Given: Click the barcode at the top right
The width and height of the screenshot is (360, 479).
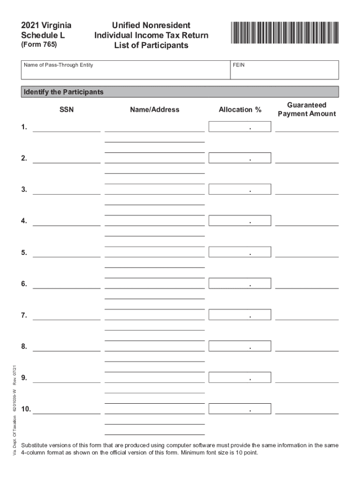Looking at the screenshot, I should pyautogui.click(x=284, y=33).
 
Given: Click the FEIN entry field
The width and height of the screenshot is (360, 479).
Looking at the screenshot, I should pyautogui.click(x=284, y=73).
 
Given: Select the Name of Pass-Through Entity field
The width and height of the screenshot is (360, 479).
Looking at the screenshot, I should pyautogui.click(x=125, y=73).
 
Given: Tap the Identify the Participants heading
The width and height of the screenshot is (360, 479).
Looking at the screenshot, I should pyautogui.click(x=64, y=92).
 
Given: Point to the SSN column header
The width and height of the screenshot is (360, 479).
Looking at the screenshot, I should pyautogui.click(x=66, y=109).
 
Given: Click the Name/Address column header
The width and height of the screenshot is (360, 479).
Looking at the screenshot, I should pyautogui.click(x=155, y=109).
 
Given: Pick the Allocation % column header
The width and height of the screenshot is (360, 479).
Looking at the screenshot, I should pyautogui.click(x=240, y=109).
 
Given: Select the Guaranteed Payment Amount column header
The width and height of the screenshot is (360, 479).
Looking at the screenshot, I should pyautogui.click(x=307, y=109).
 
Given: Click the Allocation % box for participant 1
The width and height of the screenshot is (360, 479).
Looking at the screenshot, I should pyautogui.click(x=239, y=126).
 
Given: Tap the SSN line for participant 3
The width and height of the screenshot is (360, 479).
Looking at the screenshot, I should pyautogui.click(x=66, y=190).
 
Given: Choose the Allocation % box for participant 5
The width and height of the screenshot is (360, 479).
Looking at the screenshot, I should pyautogui.click(x=239, y=252).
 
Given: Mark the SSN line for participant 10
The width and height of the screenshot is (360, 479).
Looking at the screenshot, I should pyautogui.click(x=66, y=410).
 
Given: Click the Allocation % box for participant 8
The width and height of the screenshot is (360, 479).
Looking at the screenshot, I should pyautogui.click(x=239, y=346).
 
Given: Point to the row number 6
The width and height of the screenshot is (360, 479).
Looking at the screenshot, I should pyautogui.click(x=24, y=284).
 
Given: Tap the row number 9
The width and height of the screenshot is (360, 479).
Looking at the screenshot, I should pyautogui.click(x=24, y=378).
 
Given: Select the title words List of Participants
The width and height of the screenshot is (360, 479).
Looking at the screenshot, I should pyautogui.click(x=151, y=45).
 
